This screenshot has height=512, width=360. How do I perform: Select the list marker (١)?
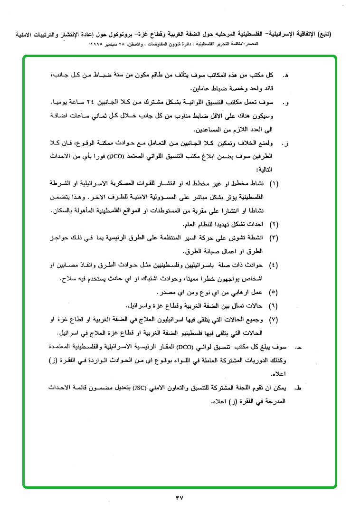coord(274,183)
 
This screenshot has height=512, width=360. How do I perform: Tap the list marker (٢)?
coord(274,223)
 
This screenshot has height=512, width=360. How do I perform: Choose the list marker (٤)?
coord(274,264)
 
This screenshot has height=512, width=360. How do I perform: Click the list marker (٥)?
coord(274,291)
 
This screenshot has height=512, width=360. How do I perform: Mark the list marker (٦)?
coord(274,304)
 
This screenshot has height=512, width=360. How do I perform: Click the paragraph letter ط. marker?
coord(298,389)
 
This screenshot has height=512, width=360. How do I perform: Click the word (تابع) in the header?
coord(323,35)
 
